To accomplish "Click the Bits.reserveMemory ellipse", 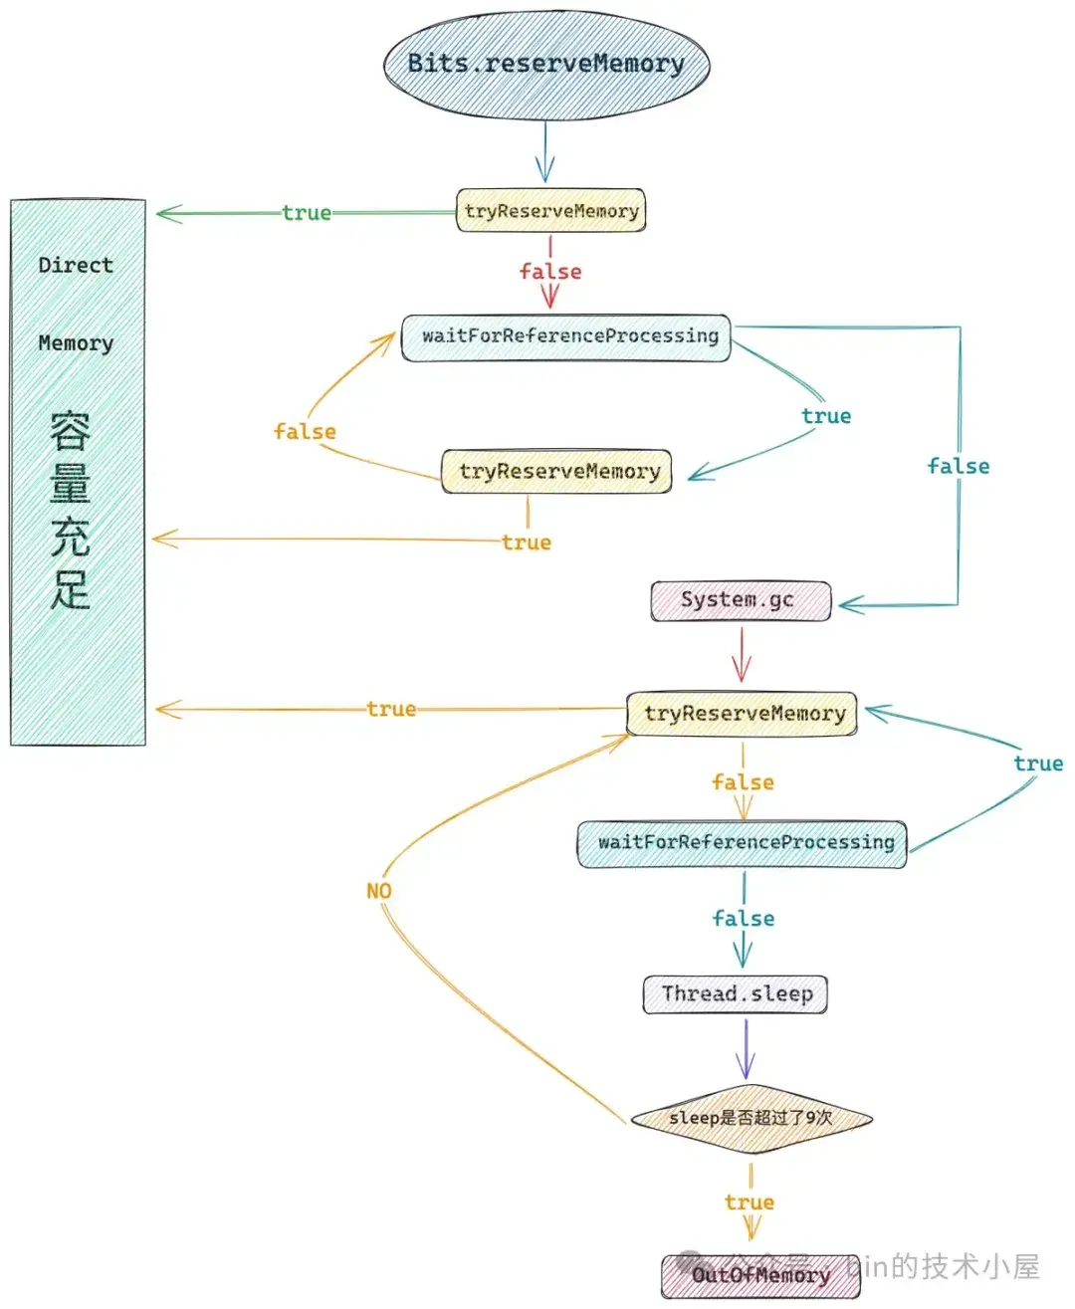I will [x=546, y=64].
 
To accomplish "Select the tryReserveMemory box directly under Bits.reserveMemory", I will [x=550, y=211].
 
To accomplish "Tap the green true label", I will [x=307, y=213].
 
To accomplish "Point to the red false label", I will [x=550, y=272].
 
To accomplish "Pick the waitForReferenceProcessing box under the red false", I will [x=566, y=336].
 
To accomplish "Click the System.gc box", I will [x=740, y=600].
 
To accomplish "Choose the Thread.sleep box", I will [x=736, y=993].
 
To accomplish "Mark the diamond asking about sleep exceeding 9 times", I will [x=751, y=1118].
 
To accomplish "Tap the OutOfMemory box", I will [x=760, y=1275].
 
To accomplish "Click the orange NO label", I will [x=379, y=891].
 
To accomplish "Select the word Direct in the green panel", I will [x=76, y=266].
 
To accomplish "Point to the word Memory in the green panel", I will [x=76, y=343].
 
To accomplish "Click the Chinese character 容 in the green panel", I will [x=71, y=431].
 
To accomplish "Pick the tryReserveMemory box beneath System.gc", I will [x=743, y=713].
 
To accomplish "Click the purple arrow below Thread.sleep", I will [x=746, y=1049].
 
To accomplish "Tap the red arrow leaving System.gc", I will [x=740, y=655].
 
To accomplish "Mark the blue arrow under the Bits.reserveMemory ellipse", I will [x=544, y=152].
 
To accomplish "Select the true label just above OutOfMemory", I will [x=750, y=1202].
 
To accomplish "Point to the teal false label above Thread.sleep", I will [x=744, y=919].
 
